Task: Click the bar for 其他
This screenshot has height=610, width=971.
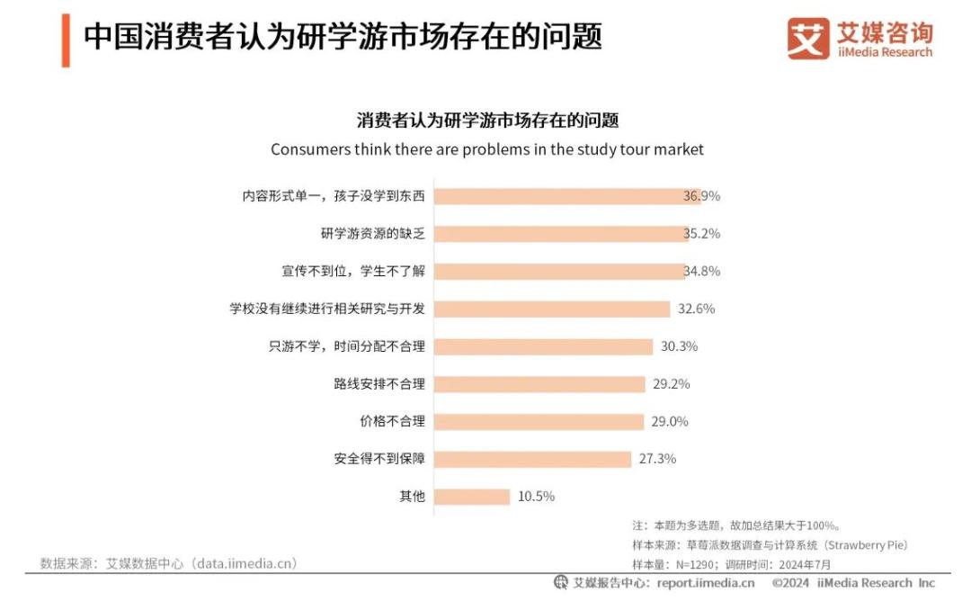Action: point(472,497)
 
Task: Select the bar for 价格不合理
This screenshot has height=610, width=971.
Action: point(539,421)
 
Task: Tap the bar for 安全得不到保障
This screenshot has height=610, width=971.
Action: point(533,459)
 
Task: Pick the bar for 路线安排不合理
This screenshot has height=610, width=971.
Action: point(539,384)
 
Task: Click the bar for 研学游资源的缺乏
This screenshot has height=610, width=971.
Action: point(559,234)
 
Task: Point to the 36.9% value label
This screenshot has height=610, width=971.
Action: point(701,196)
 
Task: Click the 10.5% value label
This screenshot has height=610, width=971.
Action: point(537,497)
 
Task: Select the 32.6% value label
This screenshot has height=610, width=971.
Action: point(696,309)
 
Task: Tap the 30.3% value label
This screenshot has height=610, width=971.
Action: point(679,346)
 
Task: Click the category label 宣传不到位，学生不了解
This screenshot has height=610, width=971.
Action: point(352,271)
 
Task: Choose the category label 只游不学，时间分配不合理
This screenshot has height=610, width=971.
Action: point(346,346)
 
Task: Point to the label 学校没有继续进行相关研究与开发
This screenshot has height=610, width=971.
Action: point(327,309)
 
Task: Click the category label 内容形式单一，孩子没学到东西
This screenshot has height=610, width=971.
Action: point(333,196)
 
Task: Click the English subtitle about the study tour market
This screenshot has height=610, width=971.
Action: point(487,149)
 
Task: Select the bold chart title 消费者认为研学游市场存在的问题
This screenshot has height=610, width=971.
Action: point(487,121)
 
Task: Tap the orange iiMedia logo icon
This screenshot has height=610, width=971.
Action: point(807,39)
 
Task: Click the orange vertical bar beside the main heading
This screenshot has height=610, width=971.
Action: point(66,40)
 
